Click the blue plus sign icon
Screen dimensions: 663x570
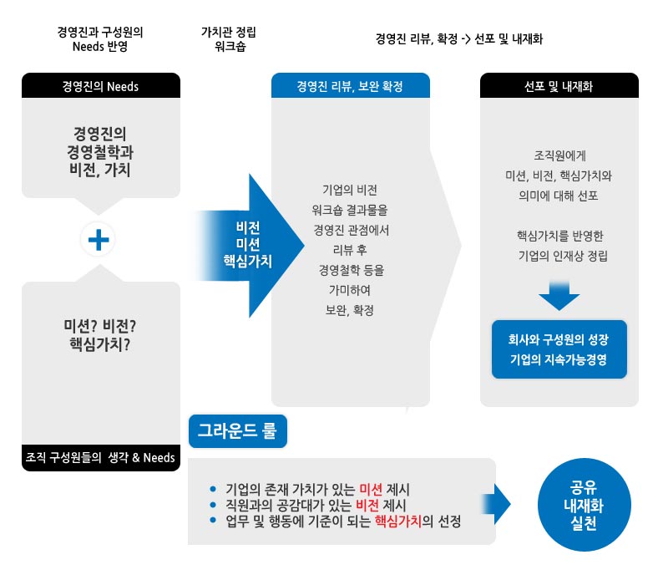pyautogui.click(x=99, y=240)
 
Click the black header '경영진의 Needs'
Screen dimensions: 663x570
pyautogui.click(x=101, y=85)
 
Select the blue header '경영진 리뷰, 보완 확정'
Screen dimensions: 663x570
pyautogui.click(x=351, y=85)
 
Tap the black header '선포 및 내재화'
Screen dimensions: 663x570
pyautogui.click(x=559, y=85)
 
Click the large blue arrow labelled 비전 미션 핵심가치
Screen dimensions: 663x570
pyautogui.click(x=250, y=246)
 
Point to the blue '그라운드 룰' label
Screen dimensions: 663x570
pyautogui.click(x=238, y=430)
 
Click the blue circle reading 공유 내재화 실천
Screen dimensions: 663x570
pyautogui.click(x=584, y=505)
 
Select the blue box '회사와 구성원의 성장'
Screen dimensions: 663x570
pyautogui.click(x=559, y=349)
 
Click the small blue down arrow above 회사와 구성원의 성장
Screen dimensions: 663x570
pyautogui.click(x=559, y=295)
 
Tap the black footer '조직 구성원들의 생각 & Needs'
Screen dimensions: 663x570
pyautogui.click(x=101, y=457)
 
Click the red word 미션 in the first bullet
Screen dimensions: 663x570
pyautogui.click(x=371, y=489)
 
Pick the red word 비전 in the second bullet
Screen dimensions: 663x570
pyautogui.click(x=367, y=505)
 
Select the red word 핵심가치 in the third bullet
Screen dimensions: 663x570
pyautogui.click(x=398, y=521)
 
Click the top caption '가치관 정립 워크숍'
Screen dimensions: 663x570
pyautogui.click(x=229, y=39)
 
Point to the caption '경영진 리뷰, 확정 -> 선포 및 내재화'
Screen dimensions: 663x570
pyautogui.click(x=458, y=39)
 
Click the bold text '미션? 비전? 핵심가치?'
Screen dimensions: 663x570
pyautogui.click(x=100, y=334)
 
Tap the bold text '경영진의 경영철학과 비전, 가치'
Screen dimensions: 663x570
pyautogui.click(x=100, y=151)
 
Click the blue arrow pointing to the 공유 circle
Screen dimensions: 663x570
pyautogui.click(x=497, y=505)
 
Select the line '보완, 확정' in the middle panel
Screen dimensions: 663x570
pyautogui.click(x=350, y=310)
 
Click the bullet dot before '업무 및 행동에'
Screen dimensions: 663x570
pyautogui.click(x=213, y=520)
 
